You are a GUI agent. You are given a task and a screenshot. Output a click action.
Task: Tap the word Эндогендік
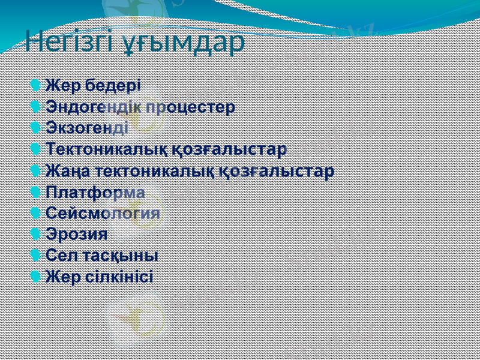pos(94,107)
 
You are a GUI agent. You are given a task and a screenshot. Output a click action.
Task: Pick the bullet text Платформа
pos(95,193)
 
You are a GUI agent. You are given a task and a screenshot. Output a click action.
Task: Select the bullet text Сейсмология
pos(103,214)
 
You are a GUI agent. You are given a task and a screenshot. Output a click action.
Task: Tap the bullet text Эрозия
pos(76,235)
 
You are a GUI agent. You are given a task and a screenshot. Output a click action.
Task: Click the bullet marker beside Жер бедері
pos(35,85)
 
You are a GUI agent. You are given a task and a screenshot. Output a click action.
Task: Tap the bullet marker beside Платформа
pos(35,193)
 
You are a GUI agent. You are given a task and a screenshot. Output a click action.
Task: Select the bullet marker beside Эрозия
pos(35,234)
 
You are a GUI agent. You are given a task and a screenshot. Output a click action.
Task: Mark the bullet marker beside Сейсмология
pos(35,213)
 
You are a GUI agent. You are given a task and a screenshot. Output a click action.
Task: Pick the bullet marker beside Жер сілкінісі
pos(35,277)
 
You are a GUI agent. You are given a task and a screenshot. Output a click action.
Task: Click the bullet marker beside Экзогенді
pos(35,127)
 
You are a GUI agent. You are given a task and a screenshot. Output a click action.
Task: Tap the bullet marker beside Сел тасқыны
pos(35,255)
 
